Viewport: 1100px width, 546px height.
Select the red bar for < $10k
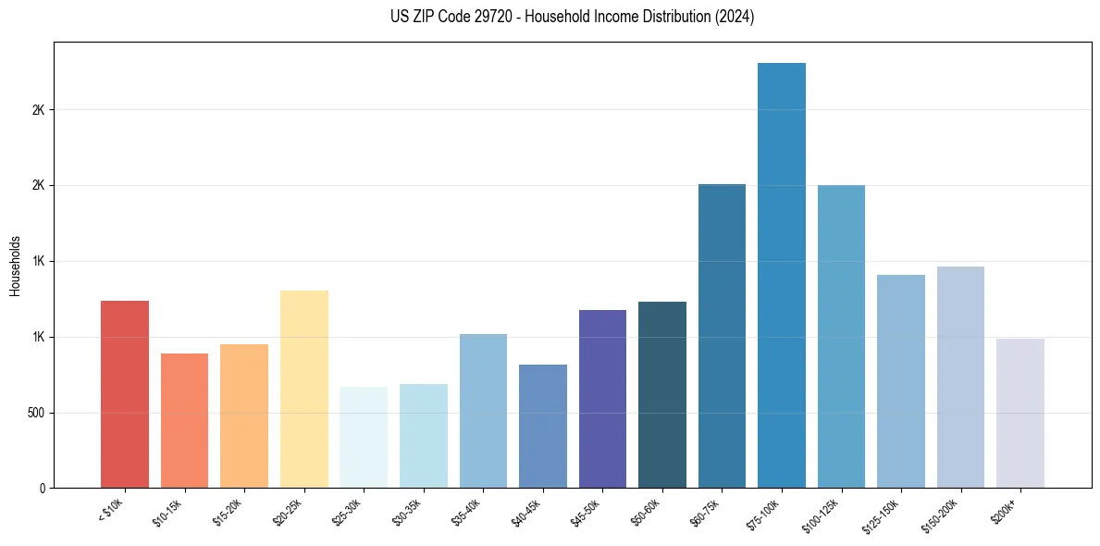125,394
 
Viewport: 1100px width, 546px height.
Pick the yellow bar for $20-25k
304,390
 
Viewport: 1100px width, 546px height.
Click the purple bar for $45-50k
602,399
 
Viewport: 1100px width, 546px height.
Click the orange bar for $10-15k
184,421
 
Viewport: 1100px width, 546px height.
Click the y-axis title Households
16,266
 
